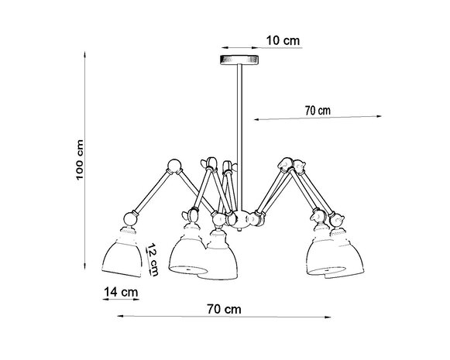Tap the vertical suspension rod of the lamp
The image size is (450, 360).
pos(239,116)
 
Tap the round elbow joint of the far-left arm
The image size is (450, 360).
pos(173,165)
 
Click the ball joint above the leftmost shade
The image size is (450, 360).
pos(129,220)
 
